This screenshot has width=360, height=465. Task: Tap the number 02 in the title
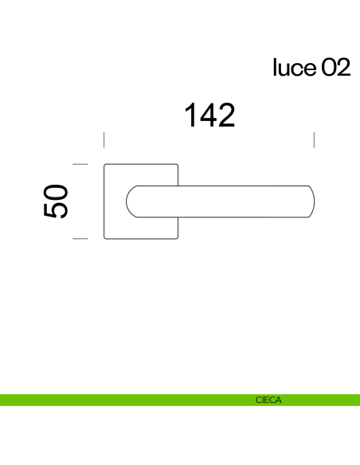point(335,68)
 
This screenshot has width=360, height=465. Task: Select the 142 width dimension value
point(210,115)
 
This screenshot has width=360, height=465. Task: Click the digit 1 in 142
point(192,115)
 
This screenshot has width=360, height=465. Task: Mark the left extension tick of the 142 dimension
point(104,140)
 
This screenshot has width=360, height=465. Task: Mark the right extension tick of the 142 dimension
point(315,140)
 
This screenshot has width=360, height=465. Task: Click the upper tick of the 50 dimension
point(79,164)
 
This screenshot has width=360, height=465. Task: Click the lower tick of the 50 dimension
point(79,238)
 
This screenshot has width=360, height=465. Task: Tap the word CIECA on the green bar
point(268,401)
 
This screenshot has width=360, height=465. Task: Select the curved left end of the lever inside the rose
point(128,201)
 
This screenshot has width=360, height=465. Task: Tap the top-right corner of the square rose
point(178,165)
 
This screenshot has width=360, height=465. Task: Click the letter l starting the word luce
point(275,68)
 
